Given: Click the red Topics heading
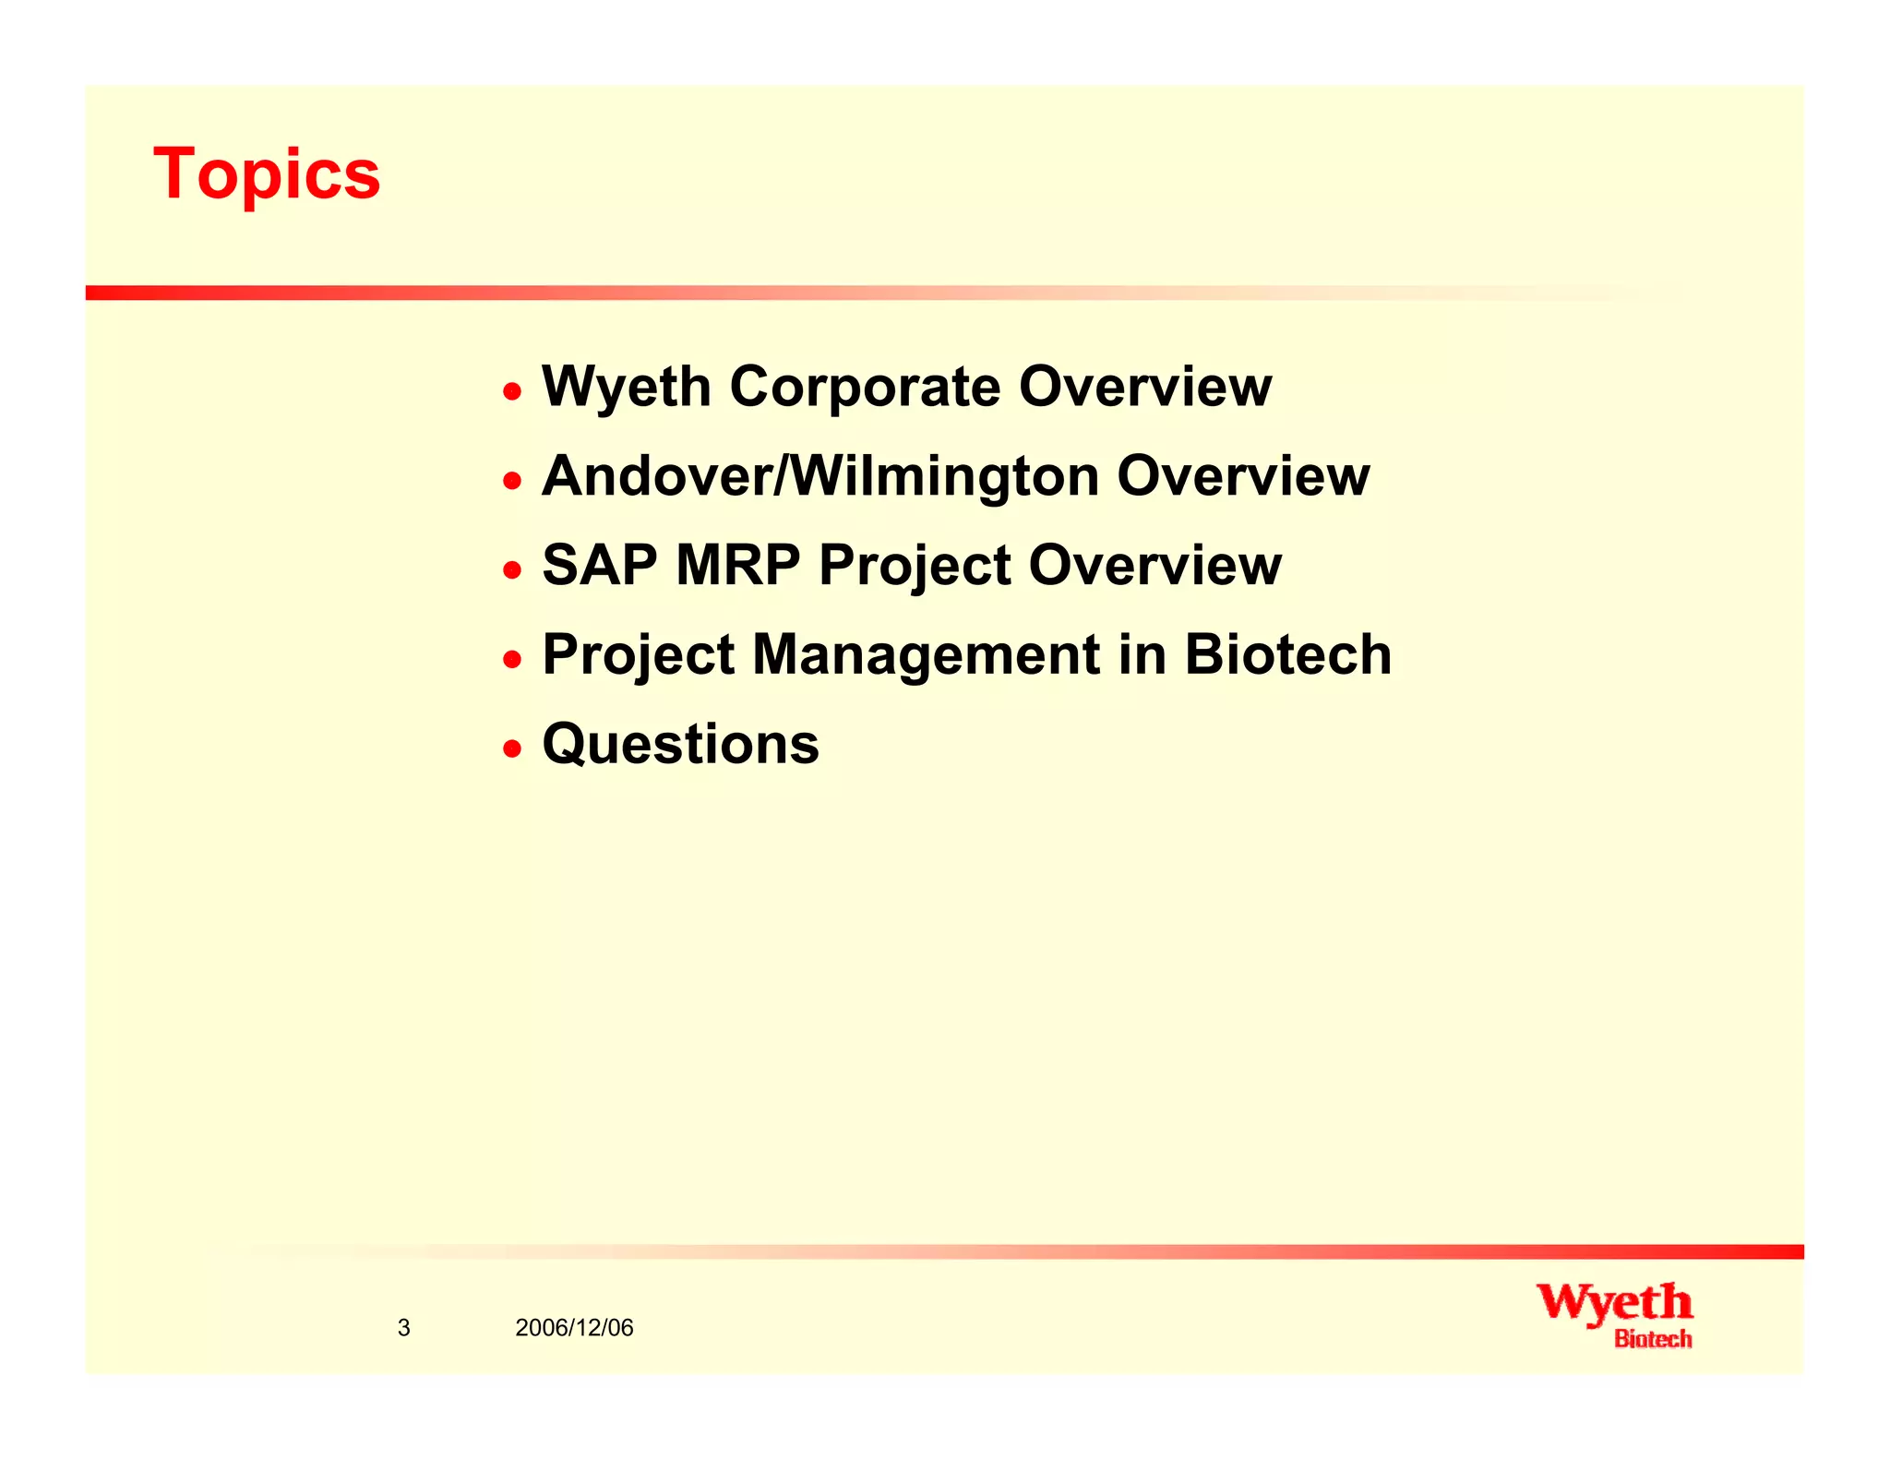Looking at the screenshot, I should tap(267, 174).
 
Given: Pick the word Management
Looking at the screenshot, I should tap(926, 654).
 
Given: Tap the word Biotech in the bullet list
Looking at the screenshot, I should tap(1287, 654).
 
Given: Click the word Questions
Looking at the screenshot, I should tap(680, 744).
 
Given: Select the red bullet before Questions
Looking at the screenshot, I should tap(512, 747).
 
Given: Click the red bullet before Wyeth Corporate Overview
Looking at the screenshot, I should tap(512, 391).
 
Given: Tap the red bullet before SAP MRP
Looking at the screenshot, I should tap(512, 569).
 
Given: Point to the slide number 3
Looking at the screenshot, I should tap(403, 1328).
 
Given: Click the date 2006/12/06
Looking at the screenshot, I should tap(574, 1328).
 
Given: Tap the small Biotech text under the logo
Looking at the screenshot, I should tap(1652, 1339).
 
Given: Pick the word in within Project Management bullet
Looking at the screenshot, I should tap(1142, 654).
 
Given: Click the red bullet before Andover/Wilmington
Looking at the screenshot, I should tap(512, 480).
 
